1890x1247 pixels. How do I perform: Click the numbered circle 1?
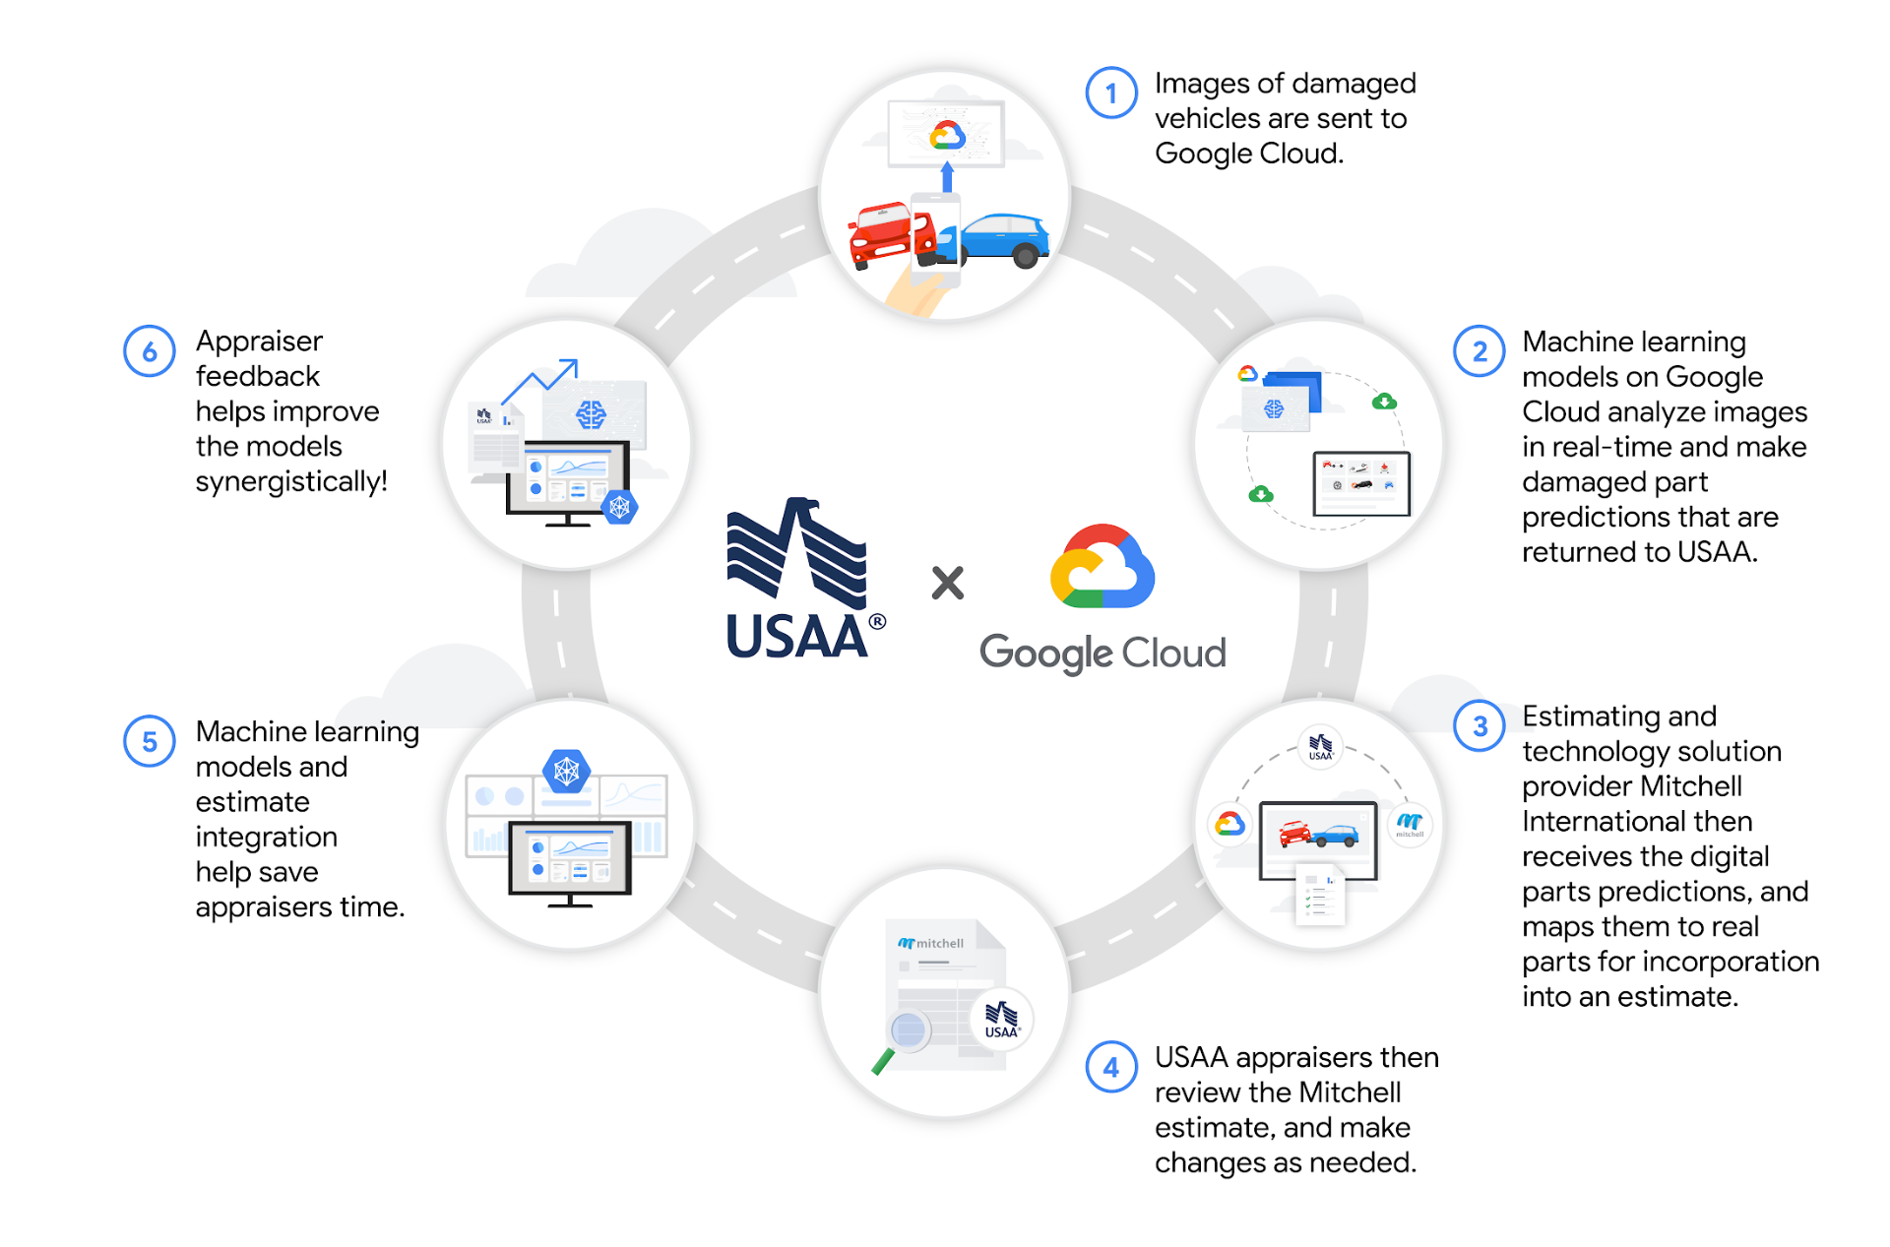[1111, 94]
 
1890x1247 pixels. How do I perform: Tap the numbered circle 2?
[1479, 351]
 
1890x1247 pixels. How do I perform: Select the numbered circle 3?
[1479, 726]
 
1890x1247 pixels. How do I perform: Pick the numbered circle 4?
[1111, 1067]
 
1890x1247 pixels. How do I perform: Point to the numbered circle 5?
[150, 741]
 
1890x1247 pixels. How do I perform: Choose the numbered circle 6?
[150, 351]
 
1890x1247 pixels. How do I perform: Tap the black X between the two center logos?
[948, 583]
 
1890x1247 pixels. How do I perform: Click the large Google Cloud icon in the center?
[1102, 568]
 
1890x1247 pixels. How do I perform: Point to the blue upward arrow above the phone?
[947, 177]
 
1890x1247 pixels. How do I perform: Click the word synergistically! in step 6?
[291, 481]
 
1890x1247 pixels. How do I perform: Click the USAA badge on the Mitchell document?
[1002, 1020]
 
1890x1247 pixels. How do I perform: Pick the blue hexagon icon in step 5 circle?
[566, 772]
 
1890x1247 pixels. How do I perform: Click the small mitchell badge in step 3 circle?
[1410, 824]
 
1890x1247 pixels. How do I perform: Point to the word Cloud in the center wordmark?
[1174, 654]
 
